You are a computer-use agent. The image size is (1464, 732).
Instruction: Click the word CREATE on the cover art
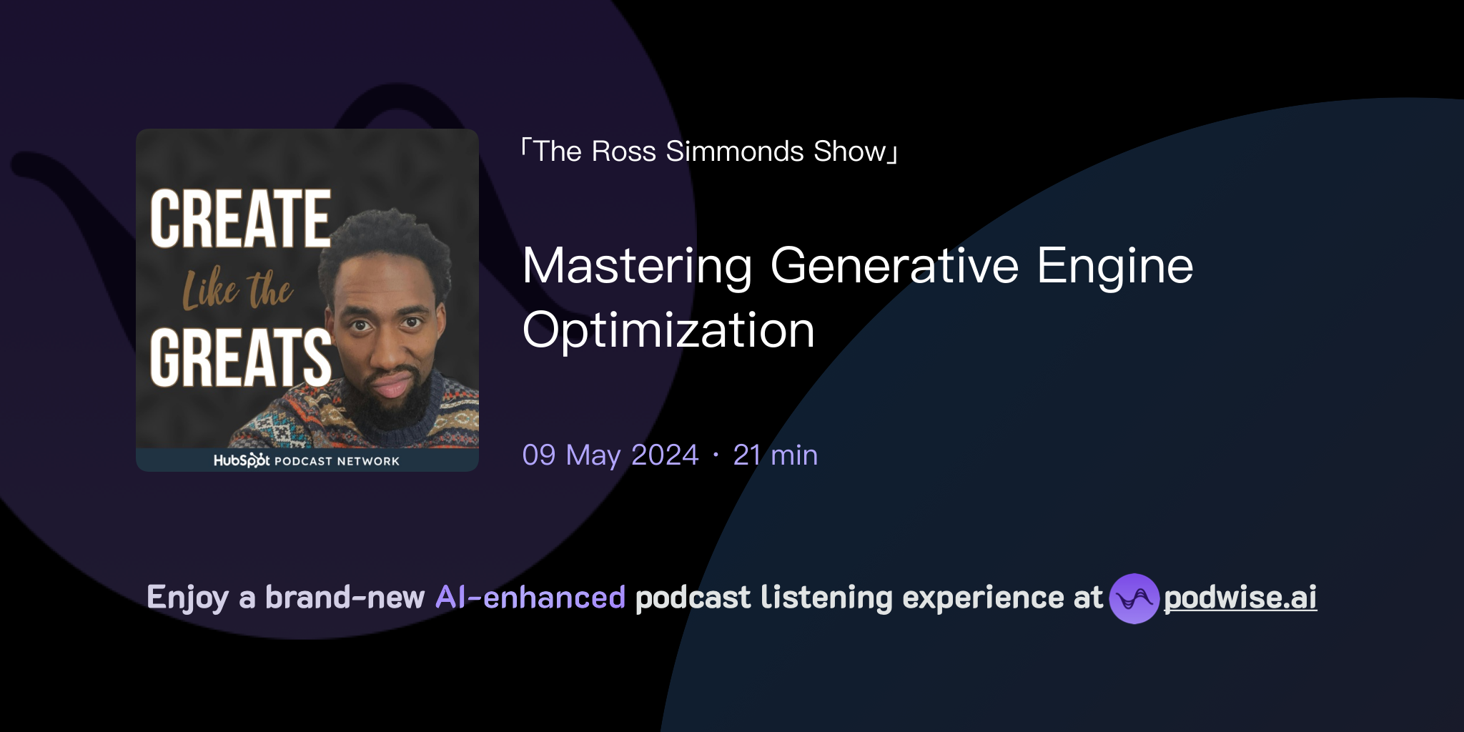(240, 219)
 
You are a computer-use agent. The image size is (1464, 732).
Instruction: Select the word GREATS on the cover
(240, 357)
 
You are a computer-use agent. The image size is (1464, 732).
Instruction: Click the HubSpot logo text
(242, 460)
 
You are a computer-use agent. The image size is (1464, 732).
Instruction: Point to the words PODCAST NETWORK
(337, 461)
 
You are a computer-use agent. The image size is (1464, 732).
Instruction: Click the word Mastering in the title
(637, 266)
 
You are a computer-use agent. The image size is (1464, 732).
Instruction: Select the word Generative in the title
(894, 266)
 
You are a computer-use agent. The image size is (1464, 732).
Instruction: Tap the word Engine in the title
(1115, 266)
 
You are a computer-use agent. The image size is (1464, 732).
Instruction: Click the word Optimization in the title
(668, 330)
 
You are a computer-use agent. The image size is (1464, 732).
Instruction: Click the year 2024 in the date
(665, 455)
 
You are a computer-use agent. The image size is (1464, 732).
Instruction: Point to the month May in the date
(593, 455)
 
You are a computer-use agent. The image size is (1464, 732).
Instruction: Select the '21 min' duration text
(776, 455)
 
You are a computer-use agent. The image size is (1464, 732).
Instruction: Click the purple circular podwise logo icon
(1134, 598)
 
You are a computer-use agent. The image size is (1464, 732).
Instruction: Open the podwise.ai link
(1240, 598)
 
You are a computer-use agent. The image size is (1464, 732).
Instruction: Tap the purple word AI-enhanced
(530, 598)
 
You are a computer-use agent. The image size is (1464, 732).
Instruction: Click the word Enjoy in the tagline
(188, 598)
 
